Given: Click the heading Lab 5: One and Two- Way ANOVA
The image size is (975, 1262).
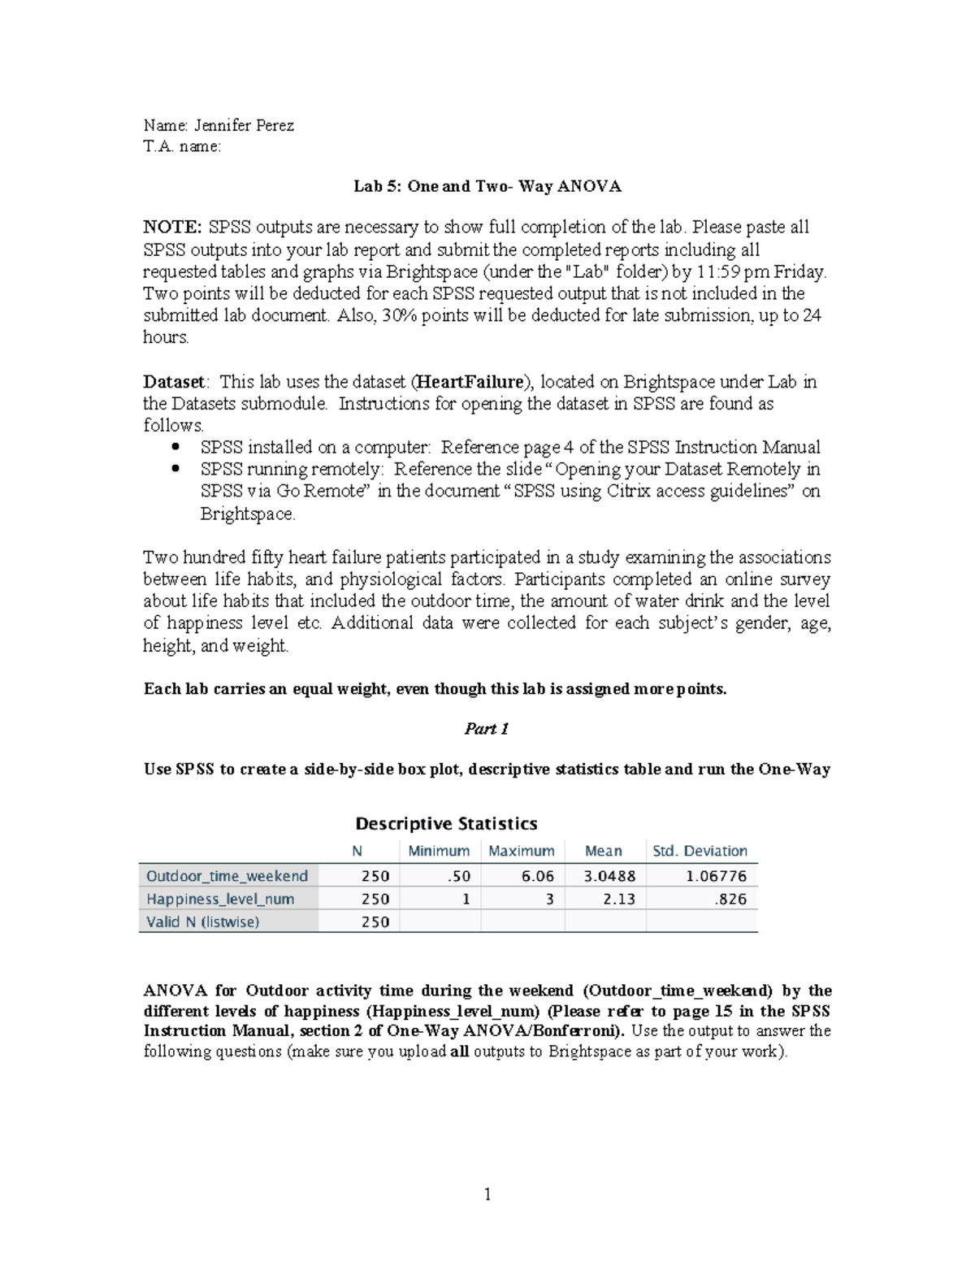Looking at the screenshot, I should tap(487, 186).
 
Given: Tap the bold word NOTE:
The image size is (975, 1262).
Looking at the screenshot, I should tap(172, 227).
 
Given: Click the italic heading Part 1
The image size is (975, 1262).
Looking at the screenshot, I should tap(486, 729).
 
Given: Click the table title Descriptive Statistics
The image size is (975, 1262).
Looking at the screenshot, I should tap(446, 824).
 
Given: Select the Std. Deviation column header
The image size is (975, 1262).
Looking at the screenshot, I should tap(700, 851).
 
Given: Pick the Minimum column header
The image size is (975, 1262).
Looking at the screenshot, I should tap(439, 851).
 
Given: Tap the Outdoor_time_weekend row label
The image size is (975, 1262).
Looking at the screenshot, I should tap(227, 876).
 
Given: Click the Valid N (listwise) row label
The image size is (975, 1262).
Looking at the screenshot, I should tap(202, 922).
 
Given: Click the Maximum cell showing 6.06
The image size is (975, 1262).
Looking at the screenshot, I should tap(539, 876).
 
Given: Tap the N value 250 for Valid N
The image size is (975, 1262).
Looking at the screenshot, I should tap(375, 922).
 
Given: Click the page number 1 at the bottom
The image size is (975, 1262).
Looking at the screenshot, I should tap(487, 1194).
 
